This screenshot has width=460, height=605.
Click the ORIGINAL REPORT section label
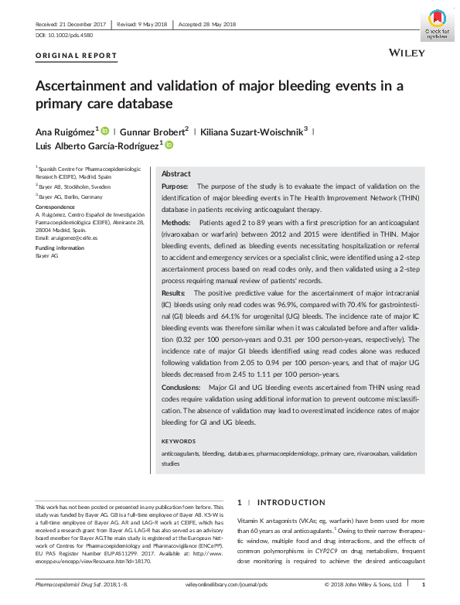77,56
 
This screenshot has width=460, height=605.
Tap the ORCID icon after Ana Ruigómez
105,131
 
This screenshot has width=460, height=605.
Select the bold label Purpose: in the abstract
176,186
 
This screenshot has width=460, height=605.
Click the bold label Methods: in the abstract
178,222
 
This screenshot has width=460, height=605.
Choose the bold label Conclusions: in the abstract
184,387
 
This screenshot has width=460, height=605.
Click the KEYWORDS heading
179,441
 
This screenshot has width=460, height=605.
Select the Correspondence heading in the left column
56,207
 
